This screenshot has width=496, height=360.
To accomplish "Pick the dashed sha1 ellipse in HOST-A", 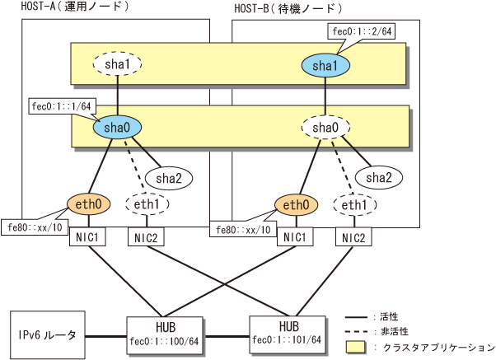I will point(115,63).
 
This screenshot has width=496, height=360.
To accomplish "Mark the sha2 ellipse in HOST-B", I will point(378,176).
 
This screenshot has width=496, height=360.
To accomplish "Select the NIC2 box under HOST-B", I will point(354,237).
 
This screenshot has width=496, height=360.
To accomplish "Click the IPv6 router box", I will point(46,334).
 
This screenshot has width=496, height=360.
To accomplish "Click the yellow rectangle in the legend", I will point(360,347).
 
